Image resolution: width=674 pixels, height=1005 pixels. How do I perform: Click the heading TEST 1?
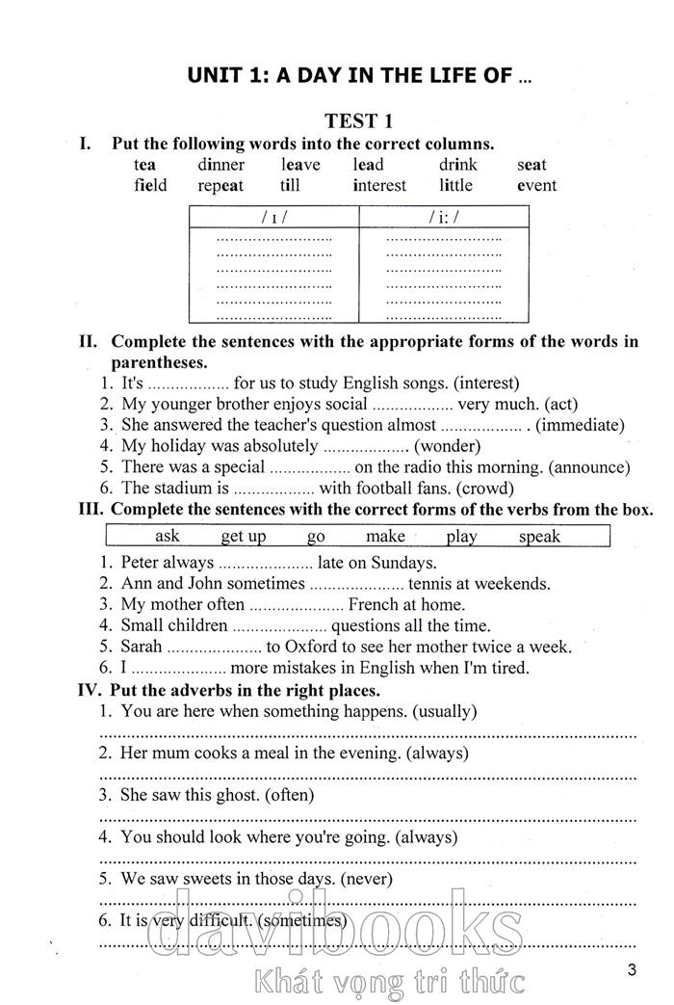[358, 120]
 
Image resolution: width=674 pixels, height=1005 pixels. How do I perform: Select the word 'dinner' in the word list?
[220, 165]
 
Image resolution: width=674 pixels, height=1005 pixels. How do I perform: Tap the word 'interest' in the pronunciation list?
[379, 185]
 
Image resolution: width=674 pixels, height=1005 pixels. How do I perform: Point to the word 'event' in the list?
[536, 185]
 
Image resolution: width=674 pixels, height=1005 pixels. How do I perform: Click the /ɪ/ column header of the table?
[273, 217]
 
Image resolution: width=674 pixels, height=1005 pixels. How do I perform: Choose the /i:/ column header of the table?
[443, 217]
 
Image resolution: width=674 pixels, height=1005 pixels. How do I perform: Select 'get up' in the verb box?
[243, 537]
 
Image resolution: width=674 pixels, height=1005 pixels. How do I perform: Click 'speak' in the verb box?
[539, 537]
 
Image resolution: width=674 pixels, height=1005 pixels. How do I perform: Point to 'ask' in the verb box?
[168, 537]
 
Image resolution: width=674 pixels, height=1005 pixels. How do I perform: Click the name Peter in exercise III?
[141, 563]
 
